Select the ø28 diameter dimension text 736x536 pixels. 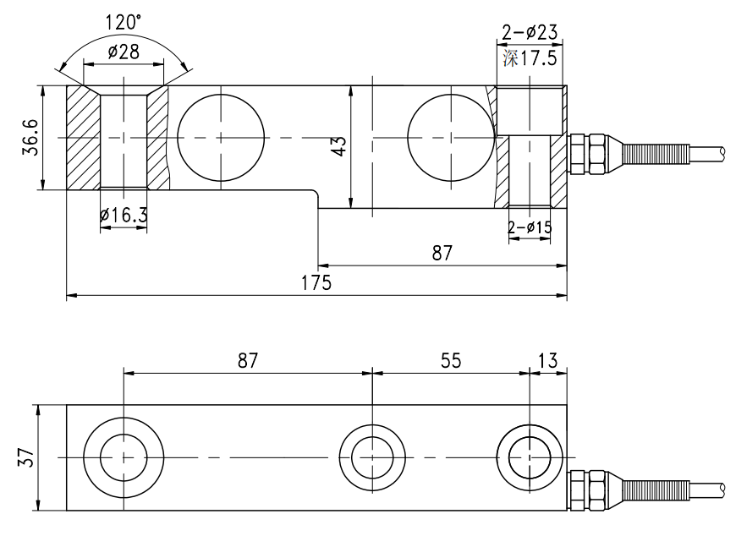point(124,53)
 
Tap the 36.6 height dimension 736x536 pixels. point(28,137)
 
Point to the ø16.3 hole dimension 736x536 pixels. point(124,216)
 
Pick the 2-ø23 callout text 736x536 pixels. point(530,33)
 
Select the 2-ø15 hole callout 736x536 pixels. point(530,227)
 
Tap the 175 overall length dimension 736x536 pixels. point(316,282)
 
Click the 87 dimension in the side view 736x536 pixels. point(442,252)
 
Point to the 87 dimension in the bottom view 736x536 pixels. point(246,360)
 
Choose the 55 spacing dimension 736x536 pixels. point(451,360)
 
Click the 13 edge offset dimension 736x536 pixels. point(547,360)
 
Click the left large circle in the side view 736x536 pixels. point(219,137)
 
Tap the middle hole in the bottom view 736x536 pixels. point(372,457)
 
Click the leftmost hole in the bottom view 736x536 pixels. point(124,457)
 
